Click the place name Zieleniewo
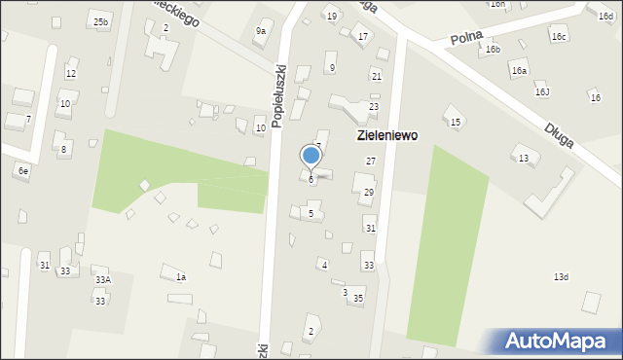[386, 136]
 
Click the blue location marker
[311, 156]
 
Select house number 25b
[101, 21]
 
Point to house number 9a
[261, 31]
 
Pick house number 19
[332, 17]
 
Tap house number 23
[373, 106]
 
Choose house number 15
[455, 122]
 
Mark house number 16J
[542, 92]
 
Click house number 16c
[559, 37]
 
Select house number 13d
[561, 277]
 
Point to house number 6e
[23, 170]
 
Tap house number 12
[70, 74]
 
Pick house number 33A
[102, 280]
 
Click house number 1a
[180, 277]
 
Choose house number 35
[358, 298]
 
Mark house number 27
[370, 161]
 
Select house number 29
[368, 193]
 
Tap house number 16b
[494, 50]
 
